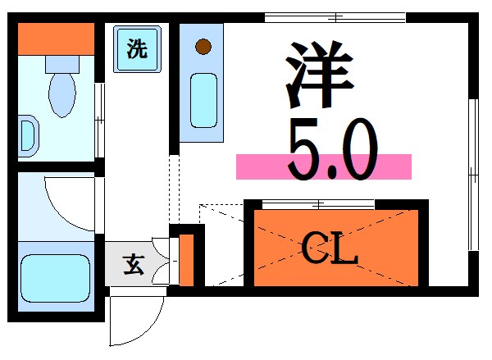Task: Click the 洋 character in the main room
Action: (x=321, y=75)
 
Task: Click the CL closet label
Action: (x=330, y=247)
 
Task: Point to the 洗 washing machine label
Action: (x=138, y=48)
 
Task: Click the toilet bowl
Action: (x=61, y=94)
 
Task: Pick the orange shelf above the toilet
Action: (x=56, y=37)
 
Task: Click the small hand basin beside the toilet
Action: (x=28, y=134)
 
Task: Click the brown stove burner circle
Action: (x=202, y=46)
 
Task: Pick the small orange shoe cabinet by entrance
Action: (x=186, y=259)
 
